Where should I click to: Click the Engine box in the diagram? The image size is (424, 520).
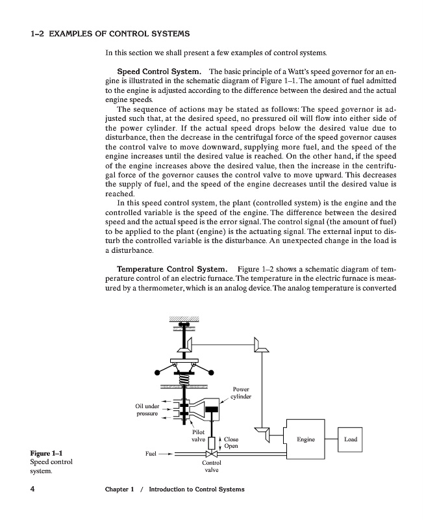[x=305, y=439]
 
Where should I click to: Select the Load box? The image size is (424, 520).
[x=350, y=439]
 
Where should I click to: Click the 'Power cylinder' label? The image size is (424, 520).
[x=241, y=393]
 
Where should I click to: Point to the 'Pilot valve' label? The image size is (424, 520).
[x=199, y=435]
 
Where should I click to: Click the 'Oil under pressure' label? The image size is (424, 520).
[x=147, y=409]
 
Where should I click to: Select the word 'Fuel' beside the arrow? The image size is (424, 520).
[x=151, y=453]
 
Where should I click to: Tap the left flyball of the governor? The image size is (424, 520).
[x=157, y=372]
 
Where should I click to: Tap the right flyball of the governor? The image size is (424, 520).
[x=211, y=372]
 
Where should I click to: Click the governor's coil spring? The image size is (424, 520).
[x=184, y=379]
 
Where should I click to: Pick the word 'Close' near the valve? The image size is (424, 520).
[x=231, y=439]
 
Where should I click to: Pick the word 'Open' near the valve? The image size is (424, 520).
[x=231, y=446]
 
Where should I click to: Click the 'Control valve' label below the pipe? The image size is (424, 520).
[x=212, y=466]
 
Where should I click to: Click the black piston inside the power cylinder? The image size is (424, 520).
[x=211, y=409]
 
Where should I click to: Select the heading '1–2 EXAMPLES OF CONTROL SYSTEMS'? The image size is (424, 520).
[x=110, y=34]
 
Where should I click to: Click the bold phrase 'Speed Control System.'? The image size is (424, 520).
[x=159, y=71]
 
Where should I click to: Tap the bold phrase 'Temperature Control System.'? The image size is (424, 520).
[x=172, y=269]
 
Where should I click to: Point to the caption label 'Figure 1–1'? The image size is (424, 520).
[x=46, y=453]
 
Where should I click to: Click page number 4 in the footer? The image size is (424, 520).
[x=32, y=489]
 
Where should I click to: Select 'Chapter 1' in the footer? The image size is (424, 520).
[x=119, y=489]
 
